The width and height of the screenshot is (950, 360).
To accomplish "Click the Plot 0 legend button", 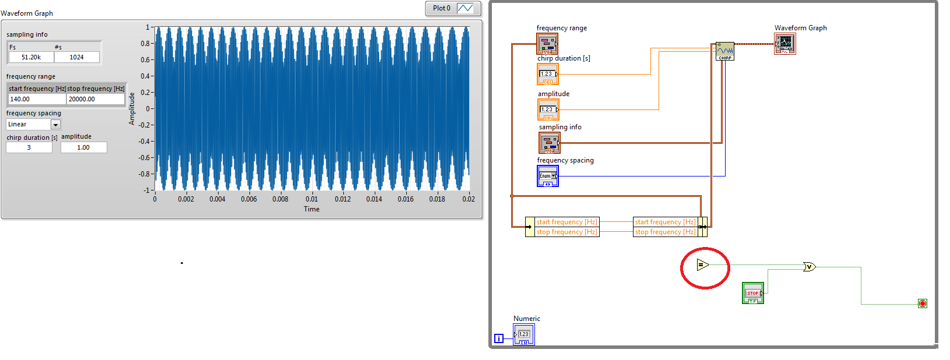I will point(453,8).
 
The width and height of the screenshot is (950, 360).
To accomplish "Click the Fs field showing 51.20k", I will point(31,57).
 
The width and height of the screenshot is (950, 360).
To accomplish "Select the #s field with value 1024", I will point(76,57).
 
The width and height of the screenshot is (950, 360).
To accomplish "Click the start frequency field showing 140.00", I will point(36,99).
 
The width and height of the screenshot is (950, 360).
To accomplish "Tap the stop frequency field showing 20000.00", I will point(95,99).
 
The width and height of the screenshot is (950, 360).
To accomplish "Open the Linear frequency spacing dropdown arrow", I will point(55,125).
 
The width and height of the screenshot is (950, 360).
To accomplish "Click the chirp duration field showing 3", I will point(29,147).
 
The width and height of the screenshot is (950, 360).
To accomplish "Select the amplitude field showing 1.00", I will point(83,147).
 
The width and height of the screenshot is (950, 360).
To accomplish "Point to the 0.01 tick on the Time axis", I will point(312,199).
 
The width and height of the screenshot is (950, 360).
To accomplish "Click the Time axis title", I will point(311,209).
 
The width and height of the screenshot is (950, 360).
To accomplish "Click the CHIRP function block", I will point(724,51).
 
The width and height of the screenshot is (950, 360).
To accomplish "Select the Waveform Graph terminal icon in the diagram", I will point(784,44).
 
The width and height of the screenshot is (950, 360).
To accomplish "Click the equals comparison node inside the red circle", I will point(703,265).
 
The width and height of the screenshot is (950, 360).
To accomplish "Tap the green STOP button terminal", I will point(752,293).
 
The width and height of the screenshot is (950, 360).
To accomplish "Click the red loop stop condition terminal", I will point(922,303).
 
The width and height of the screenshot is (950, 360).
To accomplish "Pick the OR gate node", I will point(810,267).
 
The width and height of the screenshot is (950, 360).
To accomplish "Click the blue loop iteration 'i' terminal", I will point(499,338).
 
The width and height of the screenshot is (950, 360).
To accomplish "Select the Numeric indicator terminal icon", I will point(523,334).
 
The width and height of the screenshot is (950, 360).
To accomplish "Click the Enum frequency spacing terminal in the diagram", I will point(547,176).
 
